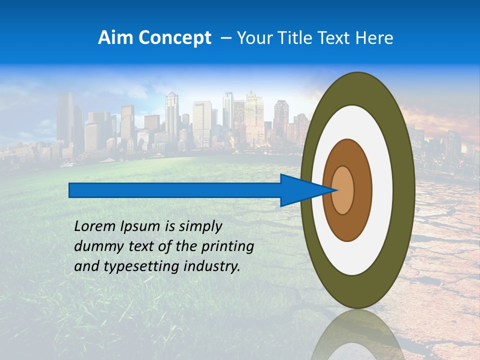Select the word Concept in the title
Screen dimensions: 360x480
point(175,38)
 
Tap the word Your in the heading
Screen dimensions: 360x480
point(253,38)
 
